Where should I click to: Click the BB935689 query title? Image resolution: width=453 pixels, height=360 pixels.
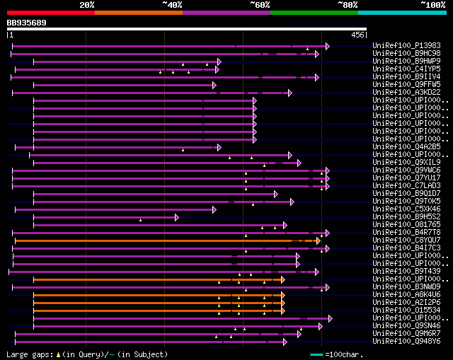pos(27,23)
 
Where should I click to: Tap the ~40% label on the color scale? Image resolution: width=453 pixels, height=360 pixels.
pos(172,5)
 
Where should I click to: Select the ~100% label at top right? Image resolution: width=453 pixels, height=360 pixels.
pos(432,5)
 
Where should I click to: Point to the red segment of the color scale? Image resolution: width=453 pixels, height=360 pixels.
pos(50,13)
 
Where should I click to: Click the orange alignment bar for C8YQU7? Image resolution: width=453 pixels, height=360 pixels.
pos(163,240)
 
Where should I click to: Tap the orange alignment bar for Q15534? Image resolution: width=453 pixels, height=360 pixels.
pos(156,310)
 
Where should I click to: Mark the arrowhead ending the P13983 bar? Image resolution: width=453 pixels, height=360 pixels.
pos(327,46)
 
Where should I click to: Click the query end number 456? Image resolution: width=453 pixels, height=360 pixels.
pos(357,35)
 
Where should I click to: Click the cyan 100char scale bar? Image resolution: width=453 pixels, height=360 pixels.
pos(316,354)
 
